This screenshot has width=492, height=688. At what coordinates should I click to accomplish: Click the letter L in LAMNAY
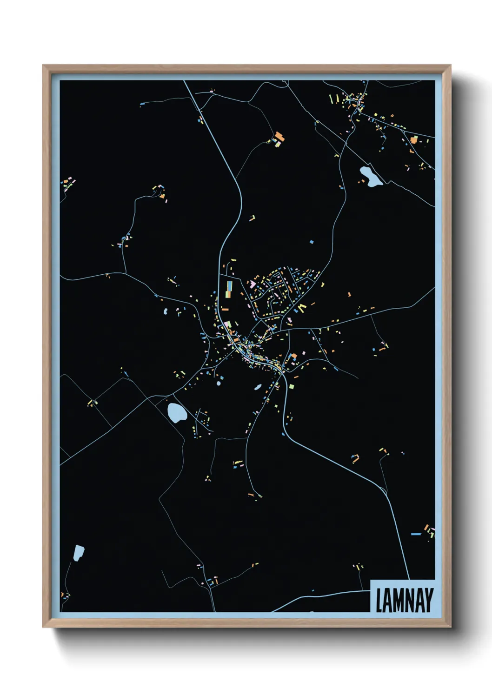pyautogui.click(x=379, y=601)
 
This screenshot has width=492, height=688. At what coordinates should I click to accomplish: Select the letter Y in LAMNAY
pyautogui.click(x=429, y=601)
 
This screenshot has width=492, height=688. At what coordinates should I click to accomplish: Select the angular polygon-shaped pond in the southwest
pyautogui.click(x=79, y=553)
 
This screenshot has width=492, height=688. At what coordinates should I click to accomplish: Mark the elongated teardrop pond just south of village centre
pyautogui.click(x=257, y=386)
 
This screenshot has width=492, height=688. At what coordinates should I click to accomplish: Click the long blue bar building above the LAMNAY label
pyautogui.click(x=416, y=534)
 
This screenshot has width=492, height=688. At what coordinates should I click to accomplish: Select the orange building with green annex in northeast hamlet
pyautogui.click(x=413, y=139)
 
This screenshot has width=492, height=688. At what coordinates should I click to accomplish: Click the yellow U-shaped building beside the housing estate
pyautogui.click(x=302, y=307)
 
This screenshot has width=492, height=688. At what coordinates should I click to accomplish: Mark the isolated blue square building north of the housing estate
pyautogui.click(x=312, y=242)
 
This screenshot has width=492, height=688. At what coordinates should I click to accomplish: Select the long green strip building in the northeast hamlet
pyautogui.click(x=331, y=99)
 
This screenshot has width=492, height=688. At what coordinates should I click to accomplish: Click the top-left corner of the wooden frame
pyautogui.click(x=43, y=66)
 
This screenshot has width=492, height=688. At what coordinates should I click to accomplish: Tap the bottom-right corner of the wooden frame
pyautogui.click(x=450, y=627)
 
